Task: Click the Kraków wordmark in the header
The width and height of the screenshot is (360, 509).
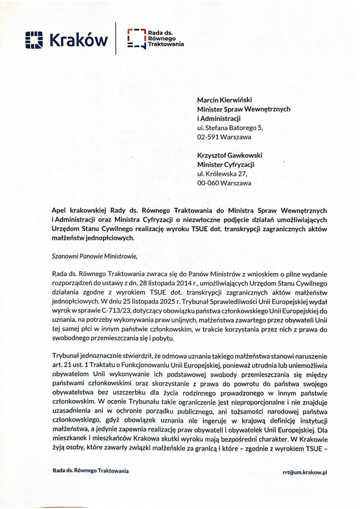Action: point(78,40)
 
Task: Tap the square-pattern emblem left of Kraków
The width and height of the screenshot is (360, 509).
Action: point(35,40)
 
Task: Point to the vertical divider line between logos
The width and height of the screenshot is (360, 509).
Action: point(116,38)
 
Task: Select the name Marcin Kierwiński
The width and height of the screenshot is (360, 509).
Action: point(225,100)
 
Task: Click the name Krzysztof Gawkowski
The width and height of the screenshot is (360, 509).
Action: point(229,155)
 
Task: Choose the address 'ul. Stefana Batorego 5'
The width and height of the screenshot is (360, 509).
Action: point(230,128)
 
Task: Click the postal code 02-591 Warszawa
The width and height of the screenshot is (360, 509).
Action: point(224,137)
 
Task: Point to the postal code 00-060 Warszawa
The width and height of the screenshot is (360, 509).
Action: point(224,183)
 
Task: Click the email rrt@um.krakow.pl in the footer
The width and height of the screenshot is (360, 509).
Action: point(305,471)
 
